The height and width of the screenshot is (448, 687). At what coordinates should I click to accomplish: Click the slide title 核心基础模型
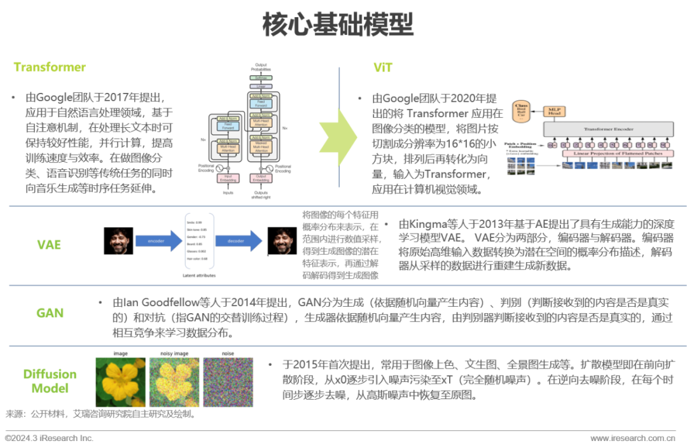pyautogui.click(x=338, y=25)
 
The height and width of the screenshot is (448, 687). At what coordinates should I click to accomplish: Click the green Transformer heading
pyautogui.click(x=50, y=67)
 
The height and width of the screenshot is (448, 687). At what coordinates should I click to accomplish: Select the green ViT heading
pyautogui.click(x=383, y=67)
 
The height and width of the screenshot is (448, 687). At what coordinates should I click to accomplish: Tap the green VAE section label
pyautogui.click(x=49, y=244)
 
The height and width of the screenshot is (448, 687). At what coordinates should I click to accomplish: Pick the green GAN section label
pyautogui.click(x=50, y=312)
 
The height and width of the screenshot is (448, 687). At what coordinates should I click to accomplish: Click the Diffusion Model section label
pyautogui.click(x=50, y=381)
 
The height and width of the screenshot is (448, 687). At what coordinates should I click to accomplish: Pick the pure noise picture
pyautogui.click(x=228, y=381)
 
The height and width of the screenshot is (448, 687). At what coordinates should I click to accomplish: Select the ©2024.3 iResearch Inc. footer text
pyautogui.click(x=49, y=438)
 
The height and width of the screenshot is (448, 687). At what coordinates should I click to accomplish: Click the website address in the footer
pyautogui.click(x=632, y=438)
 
